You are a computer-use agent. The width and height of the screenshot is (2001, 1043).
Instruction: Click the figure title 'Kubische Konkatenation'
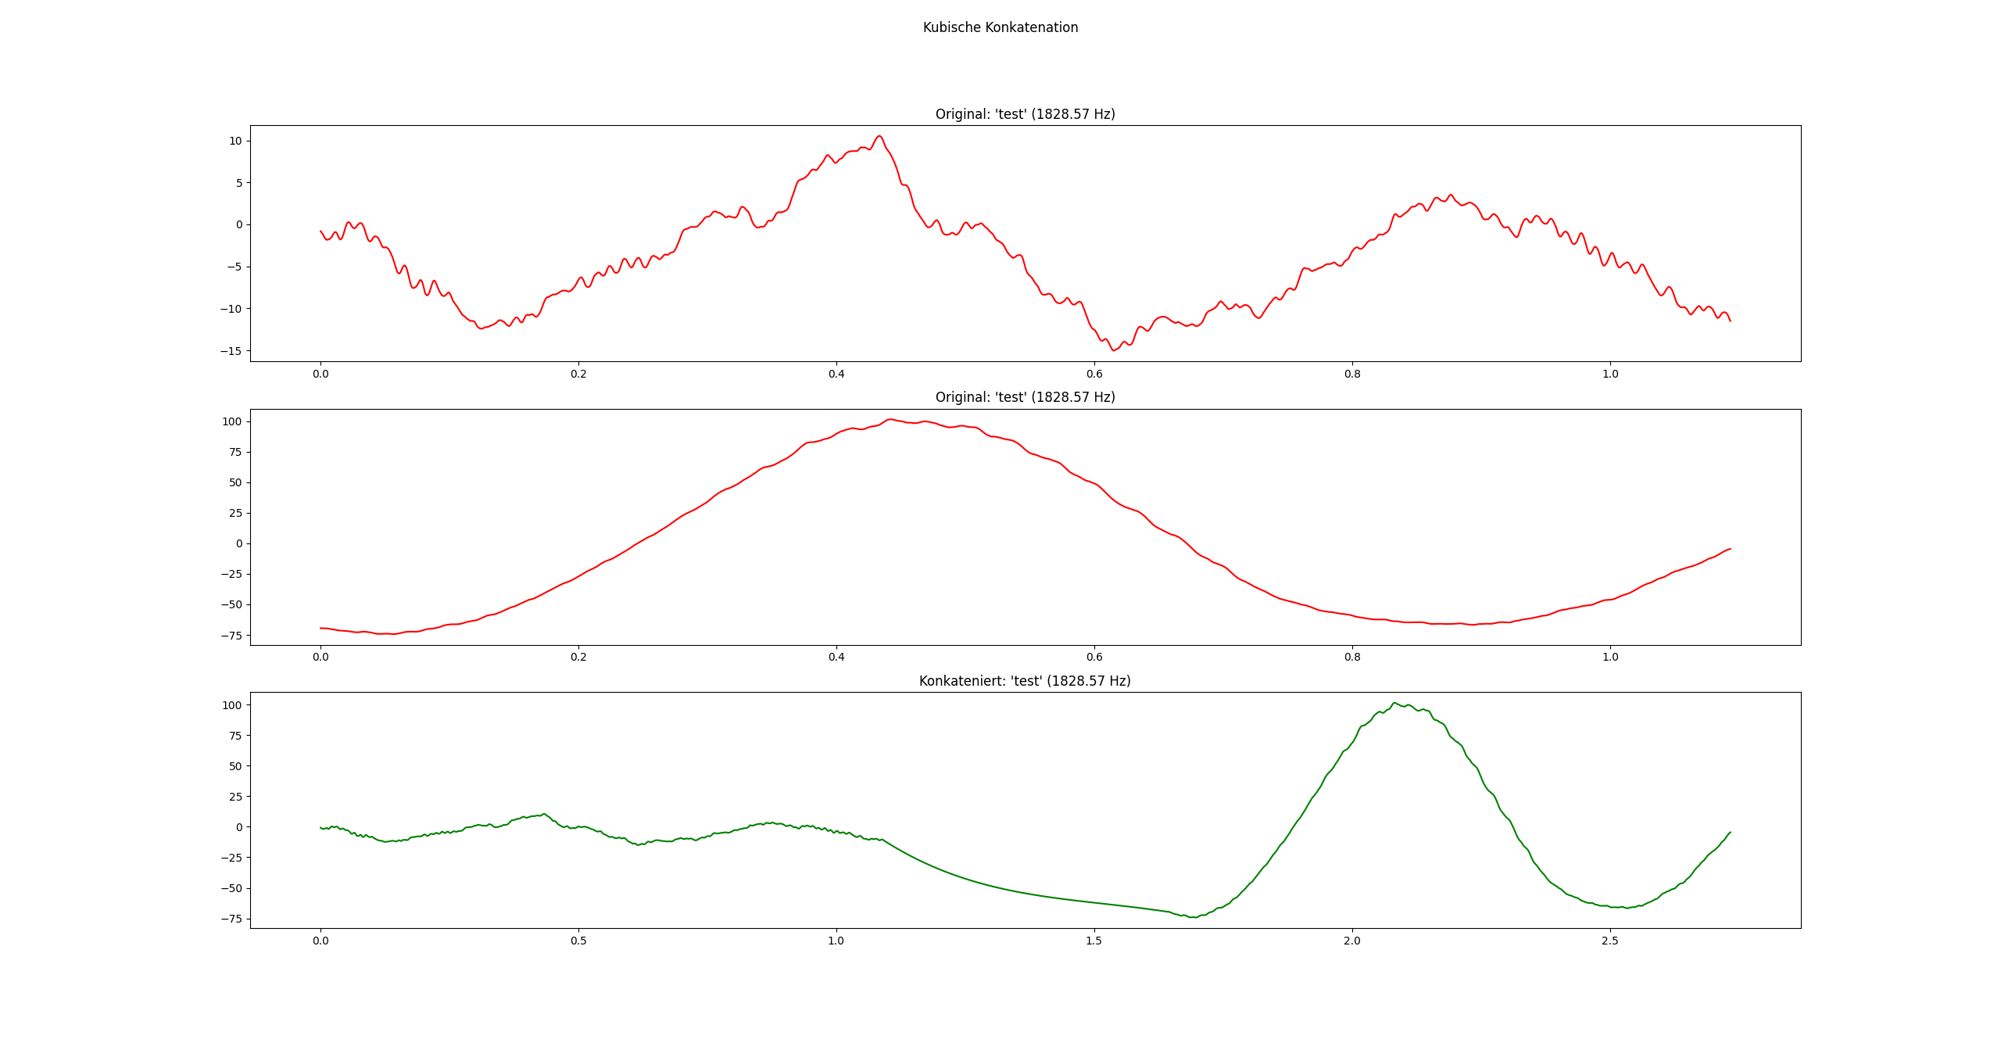click(1000, 27)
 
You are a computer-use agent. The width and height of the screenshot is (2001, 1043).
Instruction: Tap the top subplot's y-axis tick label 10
click(235, 142)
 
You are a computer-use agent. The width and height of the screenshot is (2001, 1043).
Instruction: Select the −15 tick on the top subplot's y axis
click(231, 351)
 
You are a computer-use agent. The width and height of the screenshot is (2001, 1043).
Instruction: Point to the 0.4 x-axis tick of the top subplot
click(836, 374)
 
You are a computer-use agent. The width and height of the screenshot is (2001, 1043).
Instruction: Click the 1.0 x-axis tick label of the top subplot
click(1610, 374)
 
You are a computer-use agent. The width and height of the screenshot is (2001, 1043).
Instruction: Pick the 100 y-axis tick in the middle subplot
click(232, 421)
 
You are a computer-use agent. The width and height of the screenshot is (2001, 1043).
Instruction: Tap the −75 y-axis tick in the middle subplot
click(231, 636)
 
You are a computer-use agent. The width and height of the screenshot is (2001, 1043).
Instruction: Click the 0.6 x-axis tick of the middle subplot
click(1094, 657)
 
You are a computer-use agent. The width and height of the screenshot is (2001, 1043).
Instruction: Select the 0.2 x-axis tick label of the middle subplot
click(578, 657)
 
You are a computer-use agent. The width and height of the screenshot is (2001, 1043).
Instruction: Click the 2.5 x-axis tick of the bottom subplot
click(1609, 941)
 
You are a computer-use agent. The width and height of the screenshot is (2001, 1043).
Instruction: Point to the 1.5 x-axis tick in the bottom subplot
click(1094, 941)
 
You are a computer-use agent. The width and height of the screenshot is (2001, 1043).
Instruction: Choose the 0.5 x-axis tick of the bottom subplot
click(578, 941)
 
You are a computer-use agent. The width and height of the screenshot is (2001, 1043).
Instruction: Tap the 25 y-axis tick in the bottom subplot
click(235, 797)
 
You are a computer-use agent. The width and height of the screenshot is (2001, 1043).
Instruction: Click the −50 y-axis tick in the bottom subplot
click(231, 888)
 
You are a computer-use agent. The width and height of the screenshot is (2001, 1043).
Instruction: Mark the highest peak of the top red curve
click(879, 136)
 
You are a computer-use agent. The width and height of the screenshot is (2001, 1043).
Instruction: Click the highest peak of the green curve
click(1394, 703)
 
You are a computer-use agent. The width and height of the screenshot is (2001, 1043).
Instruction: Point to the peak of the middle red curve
click(891, 419)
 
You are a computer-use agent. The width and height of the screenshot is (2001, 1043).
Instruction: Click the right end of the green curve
click(1731, 832)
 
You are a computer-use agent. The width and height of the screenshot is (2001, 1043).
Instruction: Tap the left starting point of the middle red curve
click(320, 628)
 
